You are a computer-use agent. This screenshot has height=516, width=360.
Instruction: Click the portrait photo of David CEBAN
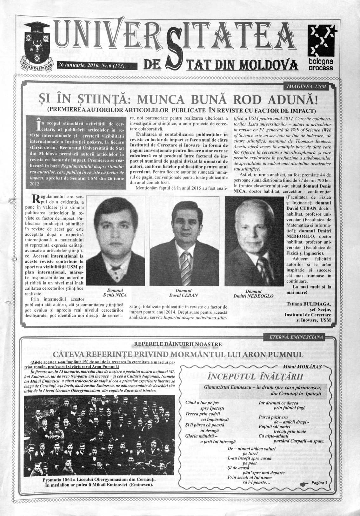(x=186, y=242)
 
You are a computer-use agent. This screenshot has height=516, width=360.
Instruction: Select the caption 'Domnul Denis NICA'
(x=115, y=292)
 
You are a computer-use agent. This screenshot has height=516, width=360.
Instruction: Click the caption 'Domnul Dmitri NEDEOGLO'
(x=253, y=293)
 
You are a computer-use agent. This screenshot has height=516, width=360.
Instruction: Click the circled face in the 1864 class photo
(x=154, y=446)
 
